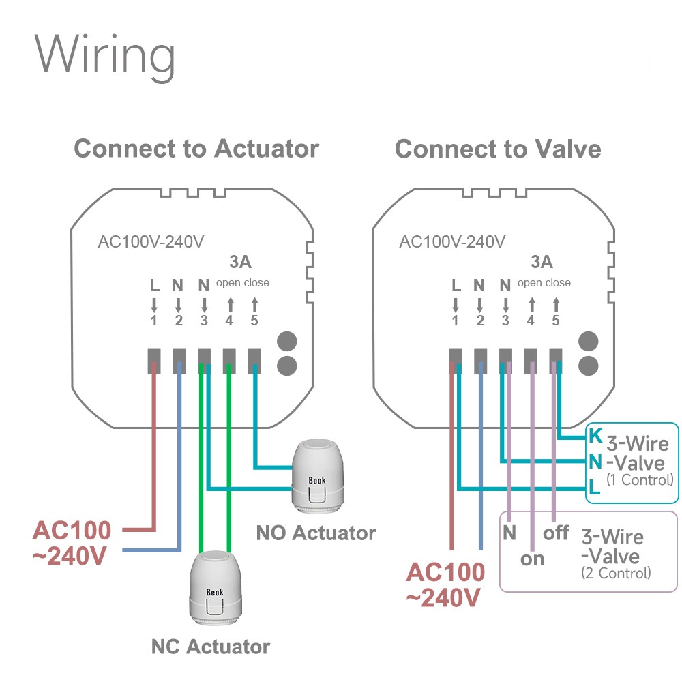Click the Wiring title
click(x=106, y=55)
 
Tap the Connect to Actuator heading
click(x=196, y=149)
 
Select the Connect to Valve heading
click(x=498, y=149)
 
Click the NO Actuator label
click(x=316, y=533)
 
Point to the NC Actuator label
click(x=211, y=646)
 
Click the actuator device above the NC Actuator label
click(x=215, y=588)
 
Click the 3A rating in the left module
click(x=239, y=262)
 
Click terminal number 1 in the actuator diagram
click(x=154, y=320)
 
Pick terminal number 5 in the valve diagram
click(x=556, y=320)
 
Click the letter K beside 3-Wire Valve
click(x=595, y=434)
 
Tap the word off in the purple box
click(x=556, y=532)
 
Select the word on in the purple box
click(x=533, y=559)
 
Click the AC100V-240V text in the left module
click(x=151, y=242)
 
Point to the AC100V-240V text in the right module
click(x=452, y=242)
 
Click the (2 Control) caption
click(x=616, y=574)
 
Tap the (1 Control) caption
click(x=639, y=480)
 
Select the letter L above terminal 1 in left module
click(x=154, y=285)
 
